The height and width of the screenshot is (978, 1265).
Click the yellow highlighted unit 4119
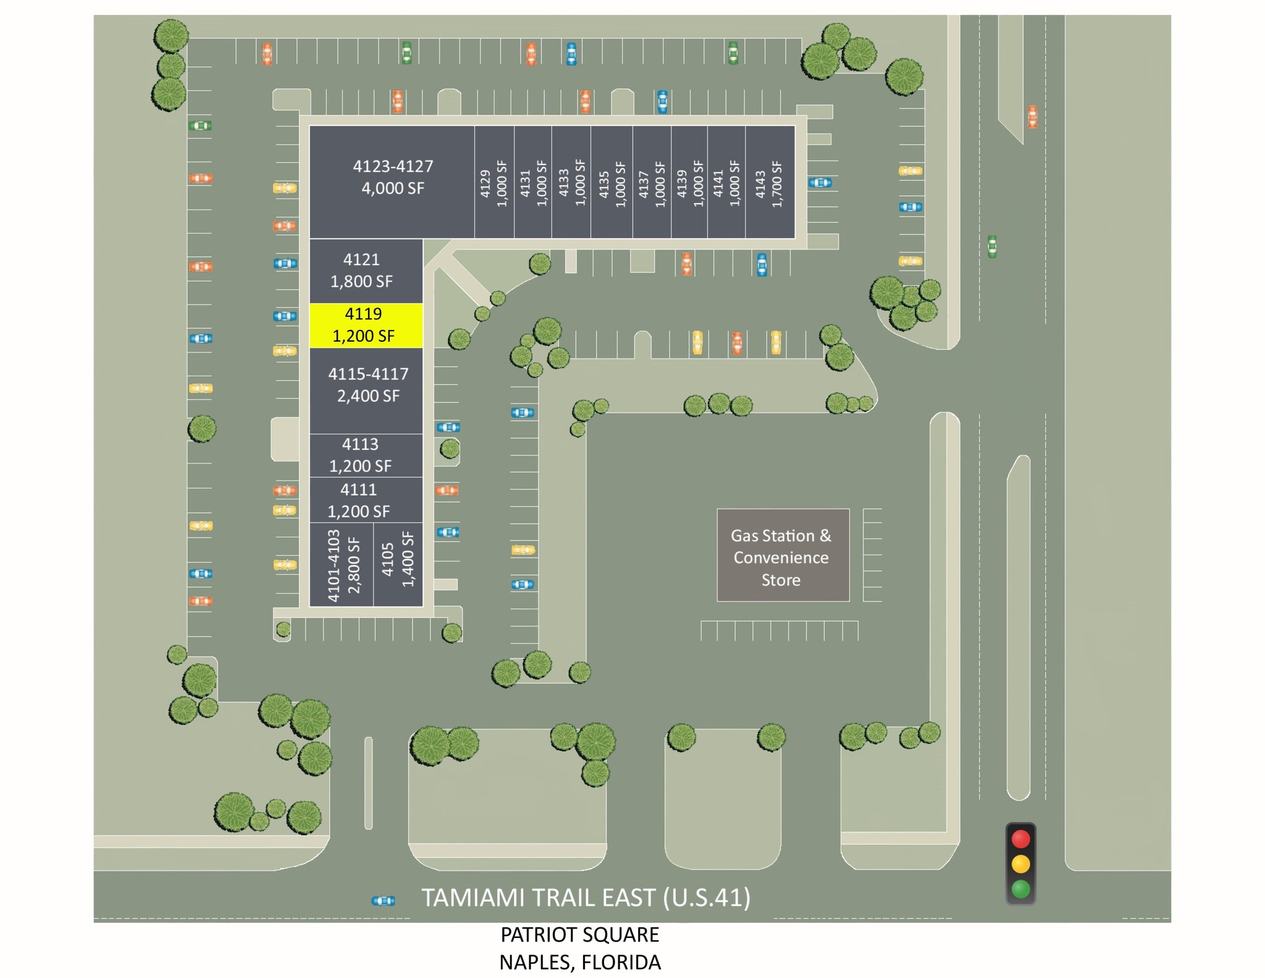pos(366,325)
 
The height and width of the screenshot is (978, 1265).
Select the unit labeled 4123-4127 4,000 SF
pos(392,179)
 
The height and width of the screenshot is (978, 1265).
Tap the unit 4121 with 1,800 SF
pos(366,271)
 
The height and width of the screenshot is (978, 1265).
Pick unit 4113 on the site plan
pos(366,455)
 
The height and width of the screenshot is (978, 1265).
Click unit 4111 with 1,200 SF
pos(366,500)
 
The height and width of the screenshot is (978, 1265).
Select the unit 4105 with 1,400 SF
pos(398,564)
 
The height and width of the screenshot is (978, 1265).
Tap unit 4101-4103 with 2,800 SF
pos(342,564)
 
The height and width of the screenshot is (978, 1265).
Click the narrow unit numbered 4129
pos(494,182)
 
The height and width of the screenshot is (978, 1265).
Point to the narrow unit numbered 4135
pos(611,182)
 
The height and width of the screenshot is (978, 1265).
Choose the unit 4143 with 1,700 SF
pos(770,182)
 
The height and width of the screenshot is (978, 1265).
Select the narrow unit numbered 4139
pos(689,182)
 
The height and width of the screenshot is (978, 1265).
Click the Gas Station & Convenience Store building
pos(783,555)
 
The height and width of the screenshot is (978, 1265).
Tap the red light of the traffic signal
pos(1020,838)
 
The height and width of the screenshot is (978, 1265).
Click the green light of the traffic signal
pos(1020,888)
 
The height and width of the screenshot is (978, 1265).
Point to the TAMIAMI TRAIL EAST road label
pos(586,898)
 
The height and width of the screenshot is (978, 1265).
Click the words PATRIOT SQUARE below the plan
pos(579,935)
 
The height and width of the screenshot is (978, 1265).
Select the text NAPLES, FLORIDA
pos(579,962)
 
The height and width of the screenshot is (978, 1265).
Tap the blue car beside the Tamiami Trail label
pos(383,901)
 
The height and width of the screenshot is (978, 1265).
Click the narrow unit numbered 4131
pos(532,182)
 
